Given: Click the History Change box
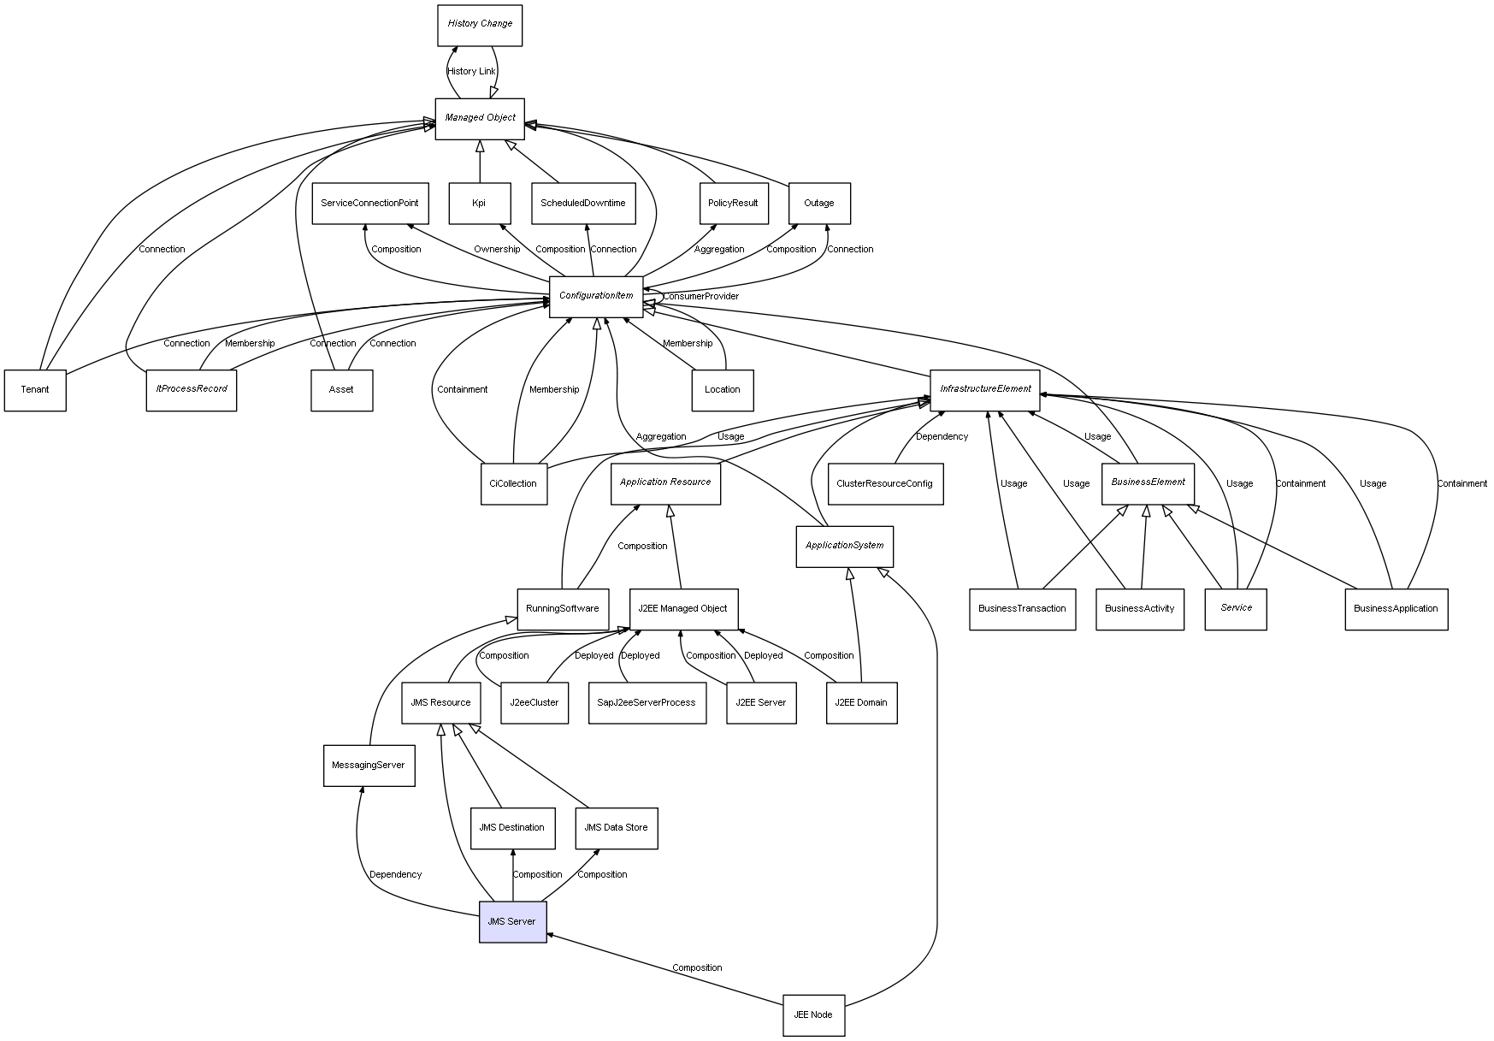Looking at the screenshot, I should [479, 25].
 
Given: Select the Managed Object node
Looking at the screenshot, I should [480, 118].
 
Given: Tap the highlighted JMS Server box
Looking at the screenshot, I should [512, 921].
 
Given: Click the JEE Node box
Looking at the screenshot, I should [813, 1014].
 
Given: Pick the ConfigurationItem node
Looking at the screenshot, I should [596, 296].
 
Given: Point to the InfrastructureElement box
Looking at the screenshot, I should [985, 389].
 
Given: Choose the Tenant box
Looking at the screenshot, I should [35, 390].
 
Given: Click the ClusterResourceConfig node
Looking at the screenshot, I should [885, 483].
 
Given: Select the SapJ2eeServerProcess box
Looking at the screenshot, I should [647, 702].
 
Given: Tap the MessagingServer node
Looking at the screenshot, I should [369, 765].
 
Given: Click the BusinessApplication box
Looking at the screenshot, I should [1396, 609].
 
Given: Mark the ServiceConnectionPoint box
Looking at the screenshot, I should [369, 204].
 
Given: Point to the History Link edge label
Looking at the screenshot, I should [471, 72].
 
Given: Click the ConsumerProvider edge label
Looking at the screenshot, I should [701, 297].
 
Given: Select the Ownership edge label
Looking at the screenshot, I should [497, 250].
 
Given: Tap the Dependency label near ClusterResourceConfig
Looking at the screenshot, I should [942, 437].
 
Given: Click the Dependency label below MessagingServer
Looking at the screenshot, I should [395, 875].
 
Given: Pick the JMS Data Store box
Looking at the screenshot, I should [616, 827].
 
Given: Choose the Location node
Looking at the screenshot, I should [722, 390].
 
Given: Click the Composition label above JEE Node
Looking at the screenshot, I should [697, 968].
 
